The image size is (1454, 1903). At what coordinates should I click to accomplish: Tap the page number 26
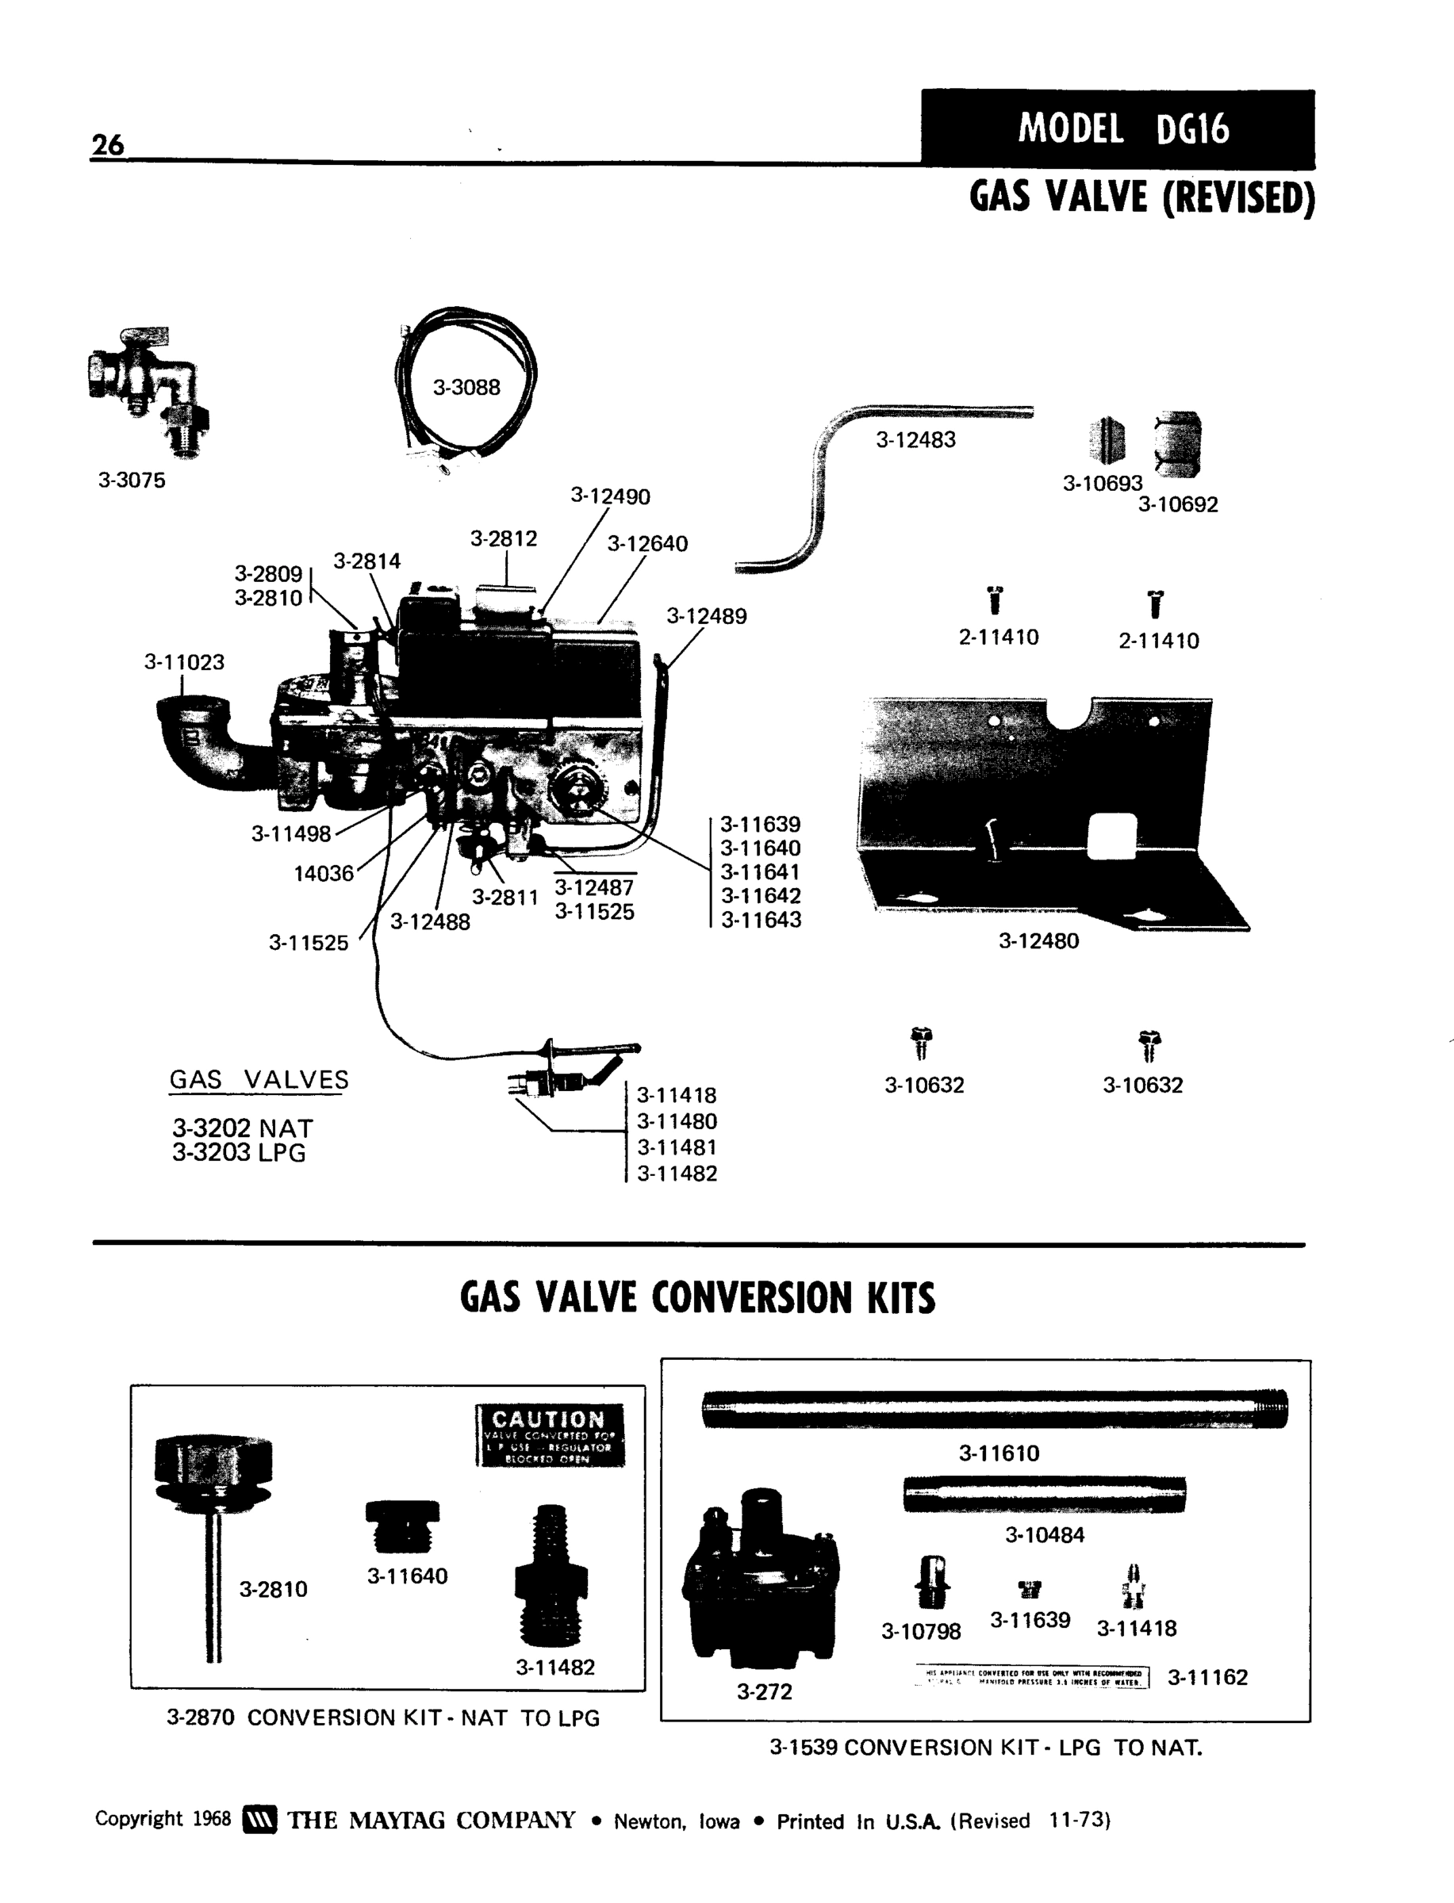(107, 144)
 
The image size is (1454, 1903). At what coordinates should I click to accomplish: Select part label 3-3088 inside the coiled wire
(466, 387)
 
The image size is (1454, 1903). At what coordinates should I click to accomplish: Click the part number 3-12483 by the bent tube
(915, 439)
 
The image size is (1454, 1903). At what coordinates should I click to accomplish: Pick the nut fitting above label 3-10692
(1178, 445)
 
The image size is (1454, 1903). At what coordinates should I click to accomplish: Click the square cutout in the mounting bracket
(1111, 836)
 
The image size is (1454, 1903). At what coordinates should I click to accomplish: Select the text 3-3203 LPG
(239, 1152)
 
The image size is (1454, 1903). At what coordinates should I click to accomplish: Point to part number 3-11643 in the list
(761, 920)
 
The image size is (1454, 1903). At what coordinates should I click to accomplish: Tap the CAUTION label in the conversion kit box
(550, 1435)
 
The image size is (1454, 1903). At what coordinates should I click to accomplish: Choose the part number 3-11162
(1207, 1677)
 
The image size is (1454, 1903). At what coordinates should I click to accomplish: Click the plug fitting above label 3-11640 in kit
(402, 1526)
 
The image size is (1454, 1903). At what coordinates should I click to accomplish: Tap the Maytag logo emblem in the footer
(259, 1820)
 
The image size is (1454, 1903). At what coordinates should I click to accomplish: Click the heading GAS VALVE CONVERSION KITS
(697, 1298)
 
